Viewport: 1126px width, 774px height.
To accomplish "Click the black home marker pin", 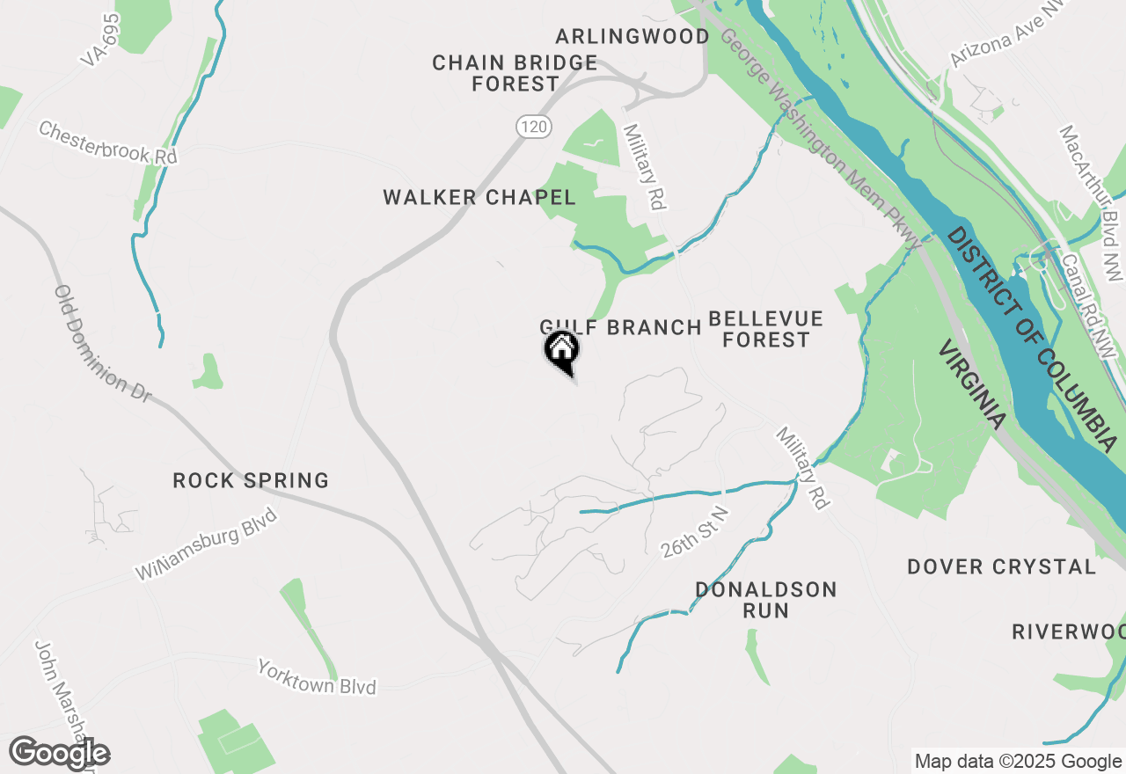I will pos(561,351).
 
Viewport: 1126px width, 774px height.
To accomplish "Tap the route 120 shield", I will pos(533,127).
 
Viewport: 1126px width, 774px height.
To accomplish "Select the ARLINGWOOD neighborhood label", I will pos(632,36).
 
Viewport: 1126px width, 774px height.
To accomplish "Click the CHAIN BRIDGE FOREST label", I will pos(515,73).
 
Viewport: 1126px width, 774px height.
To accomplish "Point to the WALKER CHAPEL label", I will pos(479,198).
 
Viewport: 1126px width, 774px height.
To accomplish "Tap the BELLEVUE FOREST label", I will pos(765,329).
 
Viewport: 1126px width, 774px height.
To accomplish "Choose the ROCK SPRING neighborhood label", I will pos(251,480).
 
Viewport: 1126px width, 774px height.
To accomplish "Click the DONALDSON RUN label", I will pos(765,599).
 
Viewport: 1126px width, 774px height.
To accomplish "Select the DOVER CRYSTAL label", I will pos(1002,566).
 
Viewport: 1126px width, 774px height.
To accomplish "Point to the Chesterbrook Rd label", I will pos(108,142).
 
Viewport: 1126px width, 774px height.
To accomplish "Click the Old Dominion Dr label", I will pos(102,344).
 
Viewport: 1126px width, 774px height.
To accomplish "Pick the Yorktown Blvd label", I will pos(317,676).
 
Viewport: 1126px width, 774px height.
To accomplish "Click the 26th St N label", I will pos(696,533).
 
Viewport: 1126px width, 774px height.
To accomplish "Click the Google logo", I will pos(59,754).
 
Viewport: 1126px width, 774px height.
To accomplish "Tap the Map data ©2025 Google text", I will pos(1018,762).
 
